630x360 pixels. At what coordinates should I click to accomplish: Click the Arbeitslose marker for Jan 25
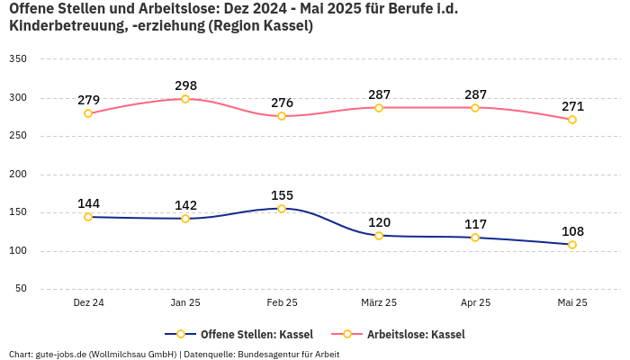[x=185, y=99]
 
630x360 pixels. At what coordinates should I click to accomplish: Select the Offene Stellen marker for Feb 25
[x=282, y=209]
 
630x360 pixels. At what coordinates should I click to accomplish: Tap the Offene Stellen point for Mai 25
[x=572, y=245]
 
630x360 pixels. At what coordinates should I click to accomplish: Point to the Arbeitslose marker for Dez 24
[x=88, y=113]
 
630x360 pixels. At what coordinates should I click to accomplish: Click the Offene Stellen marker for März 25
[x=379, y=236]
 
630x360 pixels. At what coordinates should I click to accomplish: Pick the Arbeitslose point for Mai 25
[x=572, y=120]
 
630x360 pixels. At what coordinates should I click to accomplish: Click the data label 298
[x=185, y=86]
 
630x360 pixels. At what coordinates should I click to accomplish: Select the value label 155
[x=282, y=195]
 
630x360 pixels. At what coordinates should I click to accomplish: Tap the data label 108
[x=572, y=231]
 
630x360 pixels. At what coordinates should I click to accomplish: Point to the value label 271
[x=572, y=106]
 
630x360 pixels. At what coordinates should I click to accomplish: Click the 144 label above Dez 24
[x=88, y=203]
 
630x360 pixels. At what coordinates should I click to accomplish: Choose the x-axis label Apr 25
[x=475, y=303]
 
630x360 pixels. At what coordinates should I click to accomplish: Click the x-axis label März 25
[x=379, y=303]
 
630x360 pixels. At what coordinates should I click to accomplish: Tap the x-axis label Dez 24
[x=88, y=303]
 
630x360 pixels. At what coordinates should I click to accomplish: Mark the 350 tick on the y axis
[x=18, y=59]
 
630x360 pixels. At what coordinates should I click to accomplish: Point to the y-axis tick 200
[x=18, y=175]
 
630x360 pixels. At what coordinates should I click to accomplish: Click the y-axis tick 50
[x=21, y=289]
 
